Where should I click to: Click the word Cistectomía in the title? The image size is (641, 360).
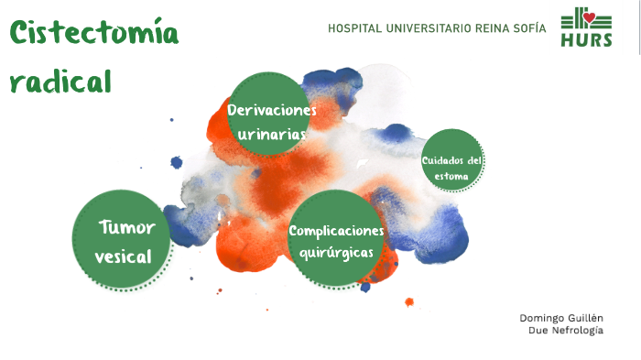coord(94,35)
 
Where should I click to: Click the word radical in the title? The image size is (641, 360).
coord(60,82)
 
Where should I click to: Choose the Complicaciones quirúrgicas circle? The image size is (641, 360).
coord(336,238)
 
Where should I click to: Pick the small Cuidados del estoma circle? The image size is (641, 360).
coord(451,160)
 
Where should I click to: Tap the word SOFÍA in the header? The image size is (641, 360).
coord(529,28)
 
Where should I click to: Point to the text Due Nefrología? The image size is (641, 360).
coord(566,330)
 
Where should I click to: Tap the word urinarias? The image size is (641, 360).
coord(271,135)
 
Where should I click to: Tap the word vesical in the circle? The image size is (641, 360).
coord(123,256)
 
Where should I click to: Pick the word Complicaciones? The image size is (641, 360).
coord(336,230)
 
